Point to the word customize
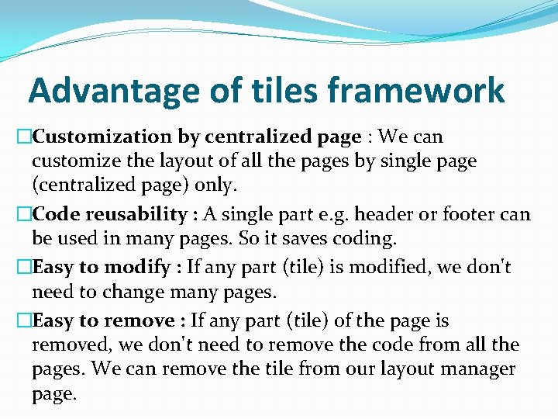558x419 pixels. (69, 161)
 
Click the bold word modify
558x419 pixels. (136, 268)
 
